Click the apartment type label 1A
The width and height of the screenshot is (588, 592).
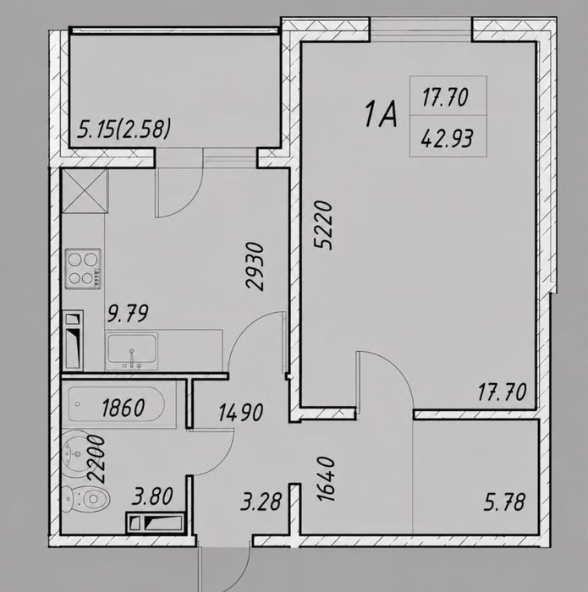coord(381,114)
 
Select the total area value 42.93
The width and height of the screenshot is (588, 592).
coord(447,138)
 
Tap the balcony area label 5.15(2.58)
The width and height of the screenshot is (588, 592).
coord(124,129)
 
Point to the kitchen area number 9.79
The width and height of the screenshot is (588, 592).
coord(128,314)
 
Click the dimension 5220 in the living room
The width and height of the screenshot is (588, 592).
coord(323,225)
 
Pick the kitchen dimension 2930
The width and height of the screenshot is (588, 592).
coord(254,266)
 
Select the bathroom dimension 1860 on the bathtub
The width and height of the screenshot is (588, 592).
coord(124,408)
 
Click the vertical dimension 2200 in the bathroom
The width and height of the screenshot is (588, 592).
coord(96,458)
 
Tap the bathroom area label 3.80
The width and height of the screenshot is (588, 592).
coord(152,496)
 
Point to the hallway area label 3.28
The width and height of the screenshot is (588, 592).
coord(261,502)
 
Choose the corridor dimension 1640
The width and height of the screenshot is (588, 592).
coord(326,479)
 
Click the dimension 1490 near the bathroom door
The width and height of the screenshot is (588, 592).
coord(241,413)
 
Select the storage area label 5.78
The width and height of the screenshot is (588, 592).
coord(504,502)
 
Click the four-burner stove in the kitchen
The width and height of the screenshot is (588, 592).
coord(83,268)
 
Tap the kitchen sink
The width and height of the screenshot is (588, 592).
coord(131,351)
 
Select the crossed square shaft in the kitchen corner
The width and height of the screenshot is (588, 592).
coord(85,191)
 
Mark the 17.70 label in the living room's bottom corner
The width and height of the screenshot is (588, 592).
coord(502,392)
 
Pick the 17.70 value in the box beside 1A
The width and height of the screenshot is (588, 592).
coord(445,97)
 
